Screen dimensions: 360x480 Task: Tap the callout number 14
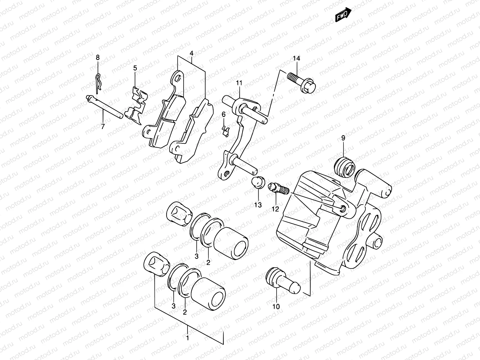coord(296,58)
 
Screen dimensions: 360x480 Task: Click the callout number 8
coord(97,57)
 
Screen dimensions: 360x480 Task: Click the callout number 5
coord(135,68)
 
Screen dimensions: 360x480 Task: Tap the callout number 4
coord(191,54)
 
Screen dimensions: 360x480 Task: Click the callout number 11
coord(239,83)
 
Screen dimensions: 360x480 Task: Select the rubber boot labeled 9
coord(345,166)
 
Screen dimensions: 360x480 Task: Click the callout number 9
coord(343,138)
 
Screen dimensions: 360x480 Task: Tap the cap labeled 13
coord(257,182)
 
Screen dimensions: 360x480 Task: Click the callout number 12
coord(275,209)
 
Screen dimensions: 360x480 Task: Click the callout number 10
coord(276,306)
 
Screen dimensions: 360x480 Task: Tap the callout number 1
coord(188,338)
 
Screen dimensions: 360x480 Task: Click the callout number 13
coord(258,205)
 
